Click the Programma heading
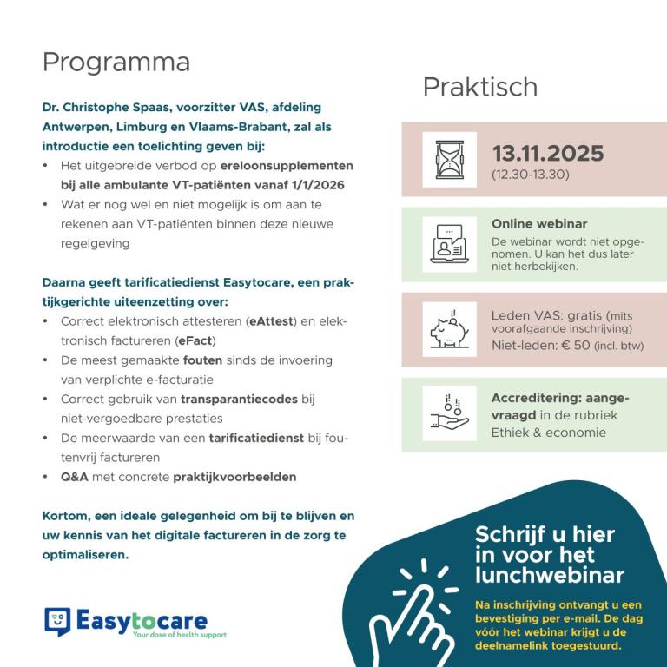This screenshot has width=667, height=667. click(116, 63)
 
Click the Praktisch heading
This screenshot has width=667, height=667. click(479, 87)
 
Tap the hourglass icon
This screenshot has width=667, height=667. click(449, 159)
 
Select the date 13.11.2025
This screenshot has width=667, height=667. click(547, 154)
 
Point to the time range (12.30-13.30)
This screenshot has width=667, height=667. click(530, 175)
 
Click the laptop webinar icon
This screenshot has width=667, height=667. click(449, 244)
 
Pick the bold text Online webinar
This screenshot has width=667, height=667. click(538, 224)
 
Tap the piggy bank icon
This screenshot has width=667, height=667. click(449, 329)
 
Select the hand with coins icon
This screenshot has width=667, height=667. click(449, 414)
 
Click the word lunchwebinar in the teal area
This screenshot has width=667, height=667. click(549, 575)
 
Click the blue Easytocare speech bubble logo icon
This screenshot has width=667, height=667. click(57, 622)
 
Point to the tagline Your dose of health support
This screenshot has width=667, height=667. click(179, 635)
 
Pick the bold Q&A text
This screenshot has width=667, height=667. click(74, 477)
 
